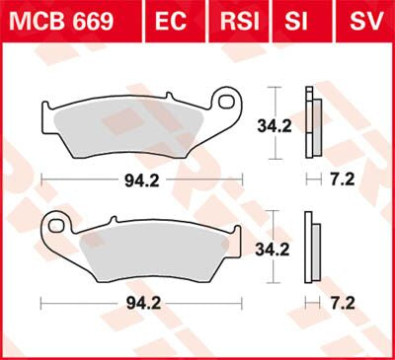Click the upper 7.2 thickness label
343,180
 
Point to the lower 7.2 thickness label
343,304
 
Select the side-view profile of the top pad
313,124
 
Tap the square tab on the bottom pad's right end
236,235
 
